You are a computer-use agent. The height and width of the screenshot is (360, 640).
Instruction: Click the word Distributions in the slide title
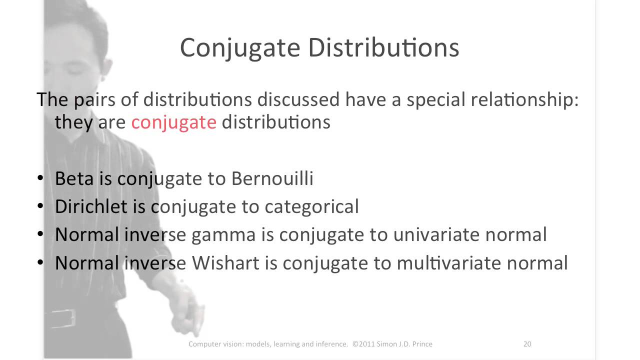[383, 48]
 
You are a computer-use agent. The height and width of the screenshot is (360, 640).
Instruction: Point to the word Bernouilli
[272, 178]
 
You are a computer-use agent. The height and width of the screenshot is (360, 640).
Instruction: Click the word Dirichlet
[91, 206]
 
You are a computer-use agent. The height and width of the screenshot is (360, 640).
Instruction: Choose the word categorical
[311, 206]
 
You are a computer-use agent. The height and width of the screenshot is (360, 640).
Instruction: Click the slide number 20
[527, 344]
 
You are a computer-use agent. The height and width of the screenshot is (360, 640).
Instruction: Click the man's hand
[185, 312]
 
